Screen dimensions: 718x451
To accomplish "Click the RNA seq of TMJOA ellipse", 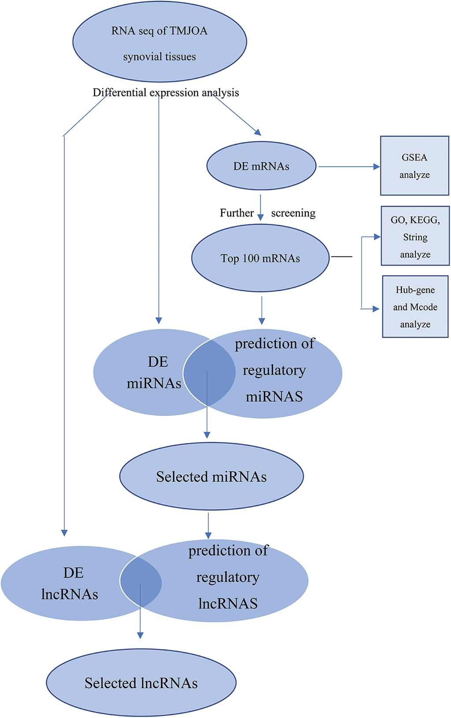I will click(159, 42).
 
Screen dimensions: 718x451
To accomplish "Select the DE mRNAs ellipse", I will click(261, 166).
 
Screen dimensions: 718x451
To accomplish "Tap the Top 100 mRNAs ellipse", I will click(260, 258).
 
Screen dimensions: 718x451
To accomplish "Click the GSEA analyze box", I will click(414, 166).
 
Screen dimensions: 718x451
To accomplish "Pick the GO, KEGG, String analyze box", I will click(415, 236).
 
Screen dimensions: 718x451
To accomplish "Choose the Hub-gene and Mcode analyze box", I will click(415, 307).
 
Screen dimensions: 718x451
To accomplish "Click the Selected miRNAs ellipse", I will click(211, 476).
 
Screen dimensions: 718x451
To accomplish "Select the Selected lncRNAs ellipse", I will click(141, 683).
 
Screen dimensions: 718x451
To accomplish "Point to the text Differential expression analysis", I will click(166, 93).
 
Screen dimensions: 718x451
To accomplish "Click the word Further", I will click(237, 213).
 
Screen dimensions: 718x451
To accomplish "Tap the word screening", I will click(293, 213).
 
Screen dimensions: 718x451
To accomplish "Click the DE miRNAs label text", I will click(154, 372).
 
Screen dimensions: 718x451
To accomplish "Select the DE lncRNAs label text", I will click(70, 584).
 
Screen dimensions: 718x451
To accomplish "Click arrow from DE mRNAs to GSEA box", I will click(348, 167).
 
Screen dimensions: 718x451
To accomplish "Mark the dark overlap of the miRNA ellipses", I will click(209, 372).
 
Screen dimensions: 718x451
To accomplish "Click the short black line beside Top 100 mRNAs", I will click(341, 257).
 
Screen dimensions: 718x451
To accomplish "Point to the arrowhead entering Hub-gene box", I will click(376, 309).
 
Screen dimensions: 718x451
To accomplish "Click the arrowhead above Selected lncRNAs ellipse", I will click(140, 635).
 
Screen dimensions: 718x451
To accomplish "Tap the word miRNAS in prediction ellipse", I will click(274, 397).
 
